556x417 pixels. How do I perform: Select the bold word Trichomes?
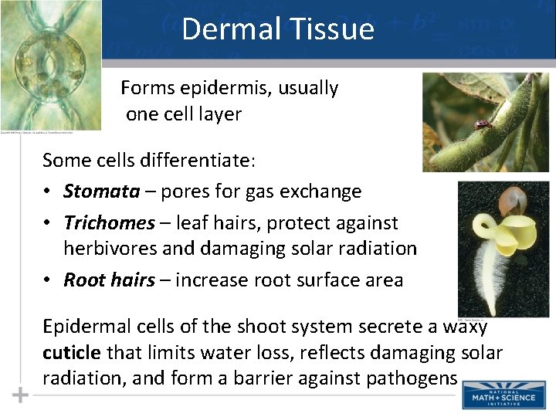[109, 223]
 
